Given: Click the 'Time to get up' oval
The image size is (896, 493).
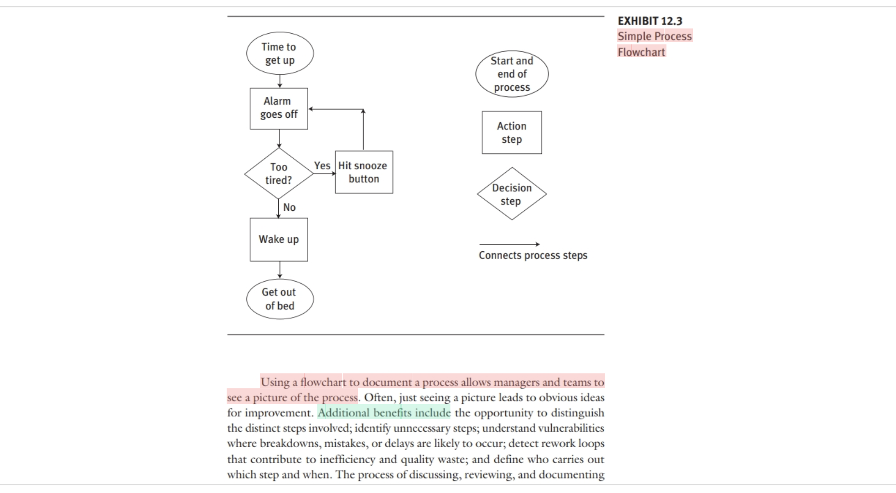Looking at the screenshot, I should [x=280, y=54].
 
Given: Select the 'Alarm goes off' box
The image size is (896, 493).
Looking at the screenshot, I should [x=279, y=108].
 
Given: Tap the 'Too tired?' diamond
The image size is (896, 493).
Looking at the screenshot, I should [x=279, y=174].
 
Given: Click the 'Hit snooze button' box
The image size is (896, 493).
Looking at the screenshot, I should [x=364, y=172].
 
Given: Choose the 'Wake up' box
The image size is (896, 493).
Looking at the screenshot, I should [x=279, y=239].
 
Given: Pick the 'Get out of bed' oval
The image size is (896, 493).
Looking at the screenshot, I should [x=280, y=299].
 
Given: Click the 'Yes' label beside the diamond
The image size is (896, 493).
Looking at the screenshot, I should [x=322, y=165].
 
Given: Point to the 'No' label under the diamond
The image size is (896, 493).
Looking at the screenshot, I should [x=289, y=207].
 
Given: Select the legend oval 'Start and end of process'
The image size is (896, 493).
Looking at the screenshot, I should [x=512, y=74].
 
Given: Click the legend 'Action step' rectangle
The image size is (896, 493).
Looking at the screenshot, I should [x=512, y=133].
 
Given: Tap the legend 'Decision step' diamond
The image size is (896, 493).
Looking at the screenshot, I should [x=512, y=194].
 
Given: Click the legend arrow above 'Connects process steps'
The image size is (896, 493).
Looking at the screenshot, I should [x=509, y=244].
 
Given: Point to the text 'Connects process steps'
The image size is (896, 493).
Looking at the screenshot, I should [x=533, y=255].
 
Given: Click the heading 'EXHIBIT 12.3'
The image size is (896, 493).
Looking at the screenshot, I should [x=650, y=21].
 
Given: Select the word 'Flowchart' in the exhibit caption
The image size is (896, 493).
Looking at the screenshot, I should [x=641, y=52].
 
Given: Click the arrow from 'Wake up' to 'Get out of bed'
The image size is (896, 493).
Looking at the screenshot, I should [x=280, y=270].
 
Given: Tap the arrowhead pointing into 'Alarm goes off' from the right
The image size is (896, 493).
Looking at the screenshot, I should [x=311, y=109].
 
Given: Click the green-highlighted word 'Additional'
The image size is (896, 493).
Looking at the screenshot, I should [x=344, y=413].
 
